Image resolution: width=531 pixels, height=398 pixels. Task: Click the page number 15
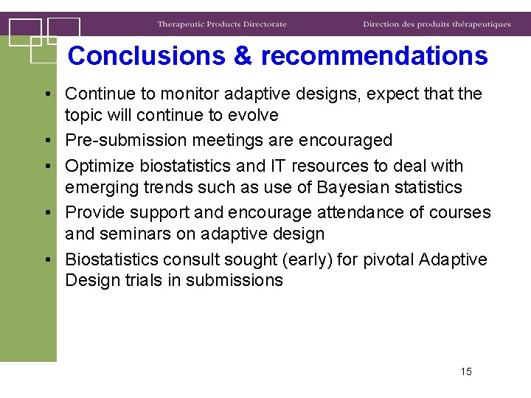pos(465,371)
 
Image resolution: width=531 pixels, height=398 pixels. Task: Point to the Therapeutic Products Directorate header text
pos(221,24)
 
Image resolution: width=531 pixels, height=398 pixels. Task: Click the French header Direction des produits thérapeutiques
pos(437,24)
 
